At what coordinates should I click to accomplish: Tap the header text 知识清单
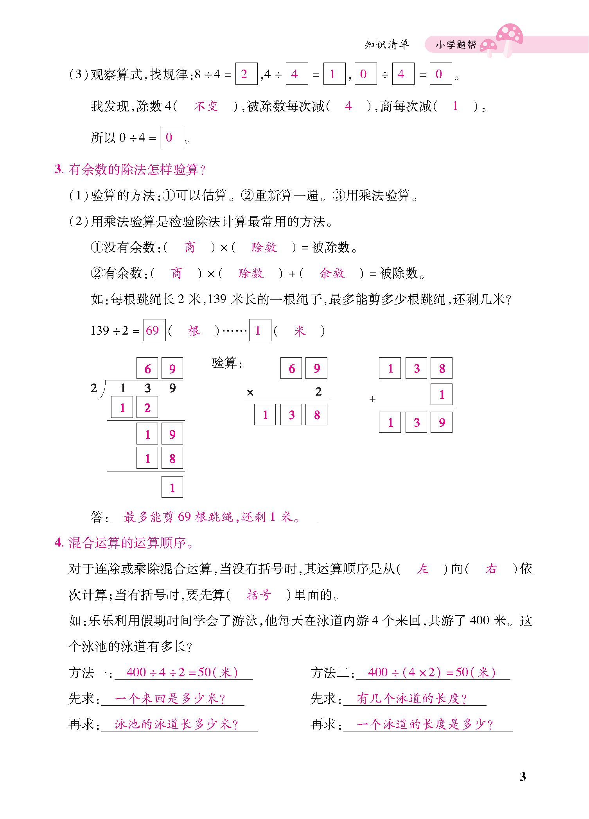click(386, 45)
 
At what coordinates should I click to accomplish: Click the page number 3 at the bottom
click(523, 776)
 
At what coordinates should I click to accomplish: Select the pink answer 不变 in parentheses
click(206, 106)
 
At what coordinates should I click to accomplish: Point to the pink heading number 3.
click(59, 169)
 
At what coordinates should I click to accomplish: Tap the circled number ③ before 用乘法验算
click(339, 195)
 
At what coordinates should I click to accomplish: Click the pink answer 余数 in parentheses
click(332, 273)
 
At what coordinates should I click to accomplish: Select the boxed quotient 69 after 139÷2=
click(154, 331)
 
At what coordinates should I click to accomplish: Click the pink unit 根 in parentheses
click(194, 331)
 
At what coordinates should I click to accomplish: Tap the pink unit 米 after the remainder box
click(299, 331)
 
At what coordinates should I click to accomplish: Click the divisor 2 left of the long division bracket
click(94, 388)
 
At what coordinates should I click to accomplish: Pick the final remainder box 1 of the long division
click(172, 487)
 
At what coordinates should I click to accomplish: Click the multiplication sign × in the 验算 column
click(250, 392)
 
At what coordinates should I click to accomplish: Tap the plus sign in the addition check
click(372, 399)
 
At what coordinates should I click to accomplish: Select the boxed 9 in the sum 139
click(442, 423)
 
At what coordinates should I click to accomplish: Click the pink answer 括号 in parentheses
click(259, 595)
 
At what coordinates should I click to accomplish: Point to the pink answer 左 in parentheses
click(422, 569)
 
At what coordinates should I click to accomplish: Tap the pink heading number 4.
click(59, 543)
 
